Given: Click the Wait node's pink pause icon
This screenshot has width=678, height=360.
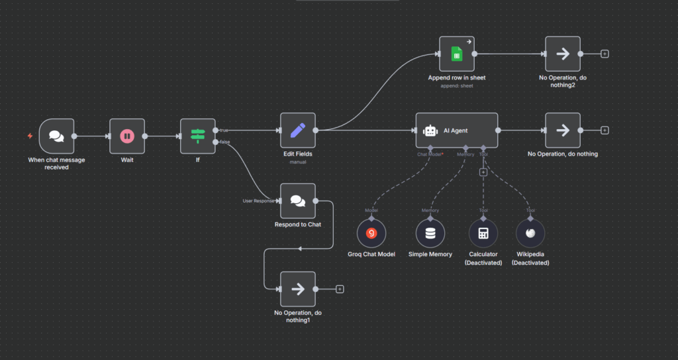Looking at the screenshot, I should [126, 136].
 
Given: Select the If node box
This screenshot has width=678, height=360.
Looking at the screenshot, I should [197, 136].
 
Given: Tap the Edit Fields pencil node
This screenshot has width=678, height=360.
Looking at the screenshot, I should [297, 130].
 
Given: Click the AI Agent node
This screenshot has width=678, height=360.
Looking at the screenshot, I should [456, 130].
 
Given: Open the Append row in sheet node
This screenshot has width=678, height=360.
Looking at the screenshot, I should [456, 54].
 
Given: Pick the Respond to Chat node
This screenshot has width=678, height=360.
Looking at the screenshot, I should [297, 201].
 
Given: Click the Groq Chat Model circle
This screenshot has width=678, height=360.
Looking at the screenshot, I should [371, 233].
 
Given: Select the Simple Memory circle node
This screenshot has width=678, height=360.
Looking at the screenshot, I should [430, 233].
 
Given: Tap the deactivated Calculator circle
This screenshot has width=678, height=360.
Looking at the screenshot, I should [483, 233].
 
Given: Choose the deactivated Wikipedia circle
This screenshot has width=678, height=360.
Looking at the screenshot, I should [530, 233].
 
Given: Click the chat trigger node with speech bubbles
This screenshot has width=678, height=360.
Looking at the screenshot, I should [56, 136].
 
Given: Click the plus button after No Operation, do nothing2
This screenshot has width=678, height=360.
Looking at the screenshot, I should [605, 54].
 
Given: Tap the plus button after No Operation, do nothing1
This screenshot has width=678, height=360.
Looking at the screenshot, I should [340, 289].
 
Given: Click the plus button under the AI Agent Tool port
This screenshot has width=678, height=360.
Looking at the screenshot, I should [483, 172].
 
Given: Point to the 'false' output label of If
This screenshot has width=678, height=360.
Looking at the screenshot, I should [224, 142].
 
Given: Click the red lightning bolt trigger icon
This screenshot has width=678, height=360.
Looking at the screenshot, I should [30, 136].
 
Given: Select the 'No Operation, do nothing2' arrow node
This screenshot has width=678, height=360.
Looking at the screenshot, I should [563, 54].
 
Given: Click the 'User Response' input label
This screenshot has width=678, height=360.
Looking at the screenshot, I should [258, 201].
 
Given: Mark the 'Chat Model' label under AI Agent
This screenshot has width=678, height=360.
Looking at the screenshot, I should [430, 154].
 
